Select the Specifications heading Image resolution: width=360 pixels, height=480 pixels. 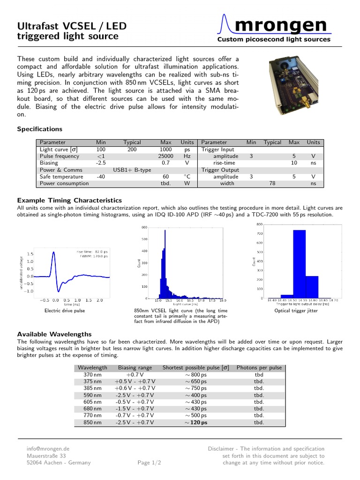pyautogui.click(x=39, y=129)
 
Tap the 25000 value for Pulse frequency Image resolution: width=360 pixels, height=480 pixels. pyautogui.click(x=165, y=156)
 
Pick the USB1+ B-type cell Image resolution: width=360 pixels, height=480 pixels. pyautogui.click(x=132, y=170)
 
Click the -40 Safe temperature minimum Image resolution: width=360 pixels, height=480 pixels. pyautogui.click(x=101, y=177)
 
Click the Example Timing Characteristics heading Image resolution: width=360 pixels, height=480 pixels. pyautogui.click(x=69, y=200)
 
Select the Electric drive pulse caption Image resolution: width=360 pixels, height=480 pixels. pyautogui.click(x=65, y=311)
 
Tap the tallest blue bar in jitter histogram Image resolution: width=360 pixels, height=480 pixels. pyautogui.click(x=299, y=263)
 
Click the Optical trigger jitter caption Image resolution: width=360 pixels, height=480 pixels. pyautogui.click(x=296, y=310)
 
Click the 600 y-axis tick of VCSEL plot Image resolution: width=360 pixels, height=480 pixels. pyautogui.click(x=144, y=227)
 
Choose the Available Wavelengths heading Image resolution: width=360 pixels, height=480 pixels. pyautogui.click(x=54, y=334)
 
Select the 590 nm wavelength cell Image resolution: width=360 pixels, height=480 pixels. pyautogui.click(x=89, y=395)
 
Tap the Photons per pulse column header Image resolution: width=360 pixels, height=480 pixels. pyautogui.click(x=259, y=367)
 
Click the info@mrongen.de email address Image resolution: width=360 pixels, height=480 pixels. pyautogui.click(x=48, y=448)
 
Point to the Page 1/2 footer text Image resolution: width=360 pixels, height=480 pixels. pyautogui.click(x=149, y=463)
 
